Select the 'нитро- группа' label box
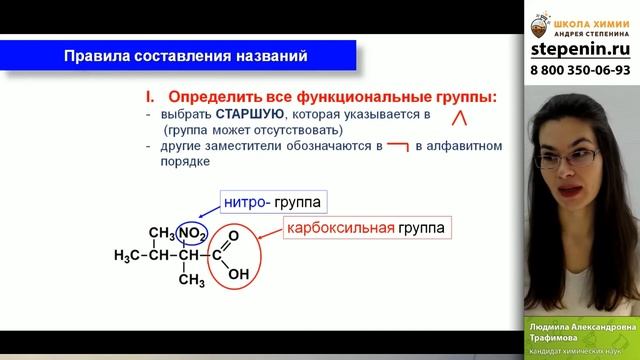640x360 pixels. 264,203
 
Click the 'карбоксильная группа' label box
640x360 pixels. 367,228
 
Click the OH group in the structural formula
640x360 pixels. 239,273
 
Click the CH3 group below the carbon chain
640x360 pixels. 191,279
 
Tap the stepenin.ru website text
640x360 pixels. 581,48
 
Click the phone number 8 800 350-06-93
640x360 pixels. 581,71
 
